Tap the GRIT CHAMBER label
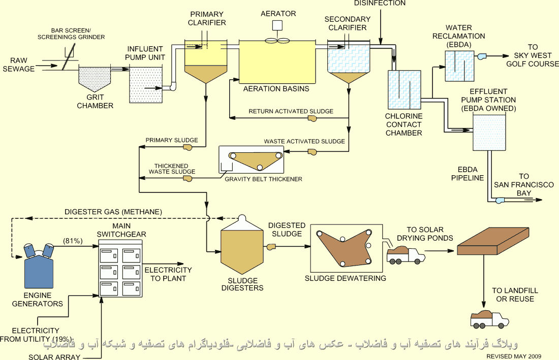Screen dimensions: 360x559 click(95, 102)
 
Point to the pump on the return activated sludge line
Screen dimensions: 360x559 click(312, 119)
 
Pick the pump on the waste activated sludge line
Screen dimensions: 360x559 click(312, 151)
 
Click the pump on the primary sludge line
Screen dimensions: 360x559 click(188, 148)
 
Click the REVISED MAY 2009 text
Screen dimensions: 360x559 click(514, 356)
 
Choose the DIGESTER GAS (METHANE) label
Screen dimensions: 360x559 click(113, 212)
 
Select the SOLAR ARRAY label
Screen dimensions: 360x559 click(54, 357)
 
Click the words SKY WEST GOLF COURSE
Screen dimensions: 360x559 click(532, 60)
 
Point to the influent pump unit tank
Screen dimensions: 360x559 click(146, 84)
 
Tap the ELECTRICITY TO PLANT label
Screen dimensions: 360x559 click(168, 274)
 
